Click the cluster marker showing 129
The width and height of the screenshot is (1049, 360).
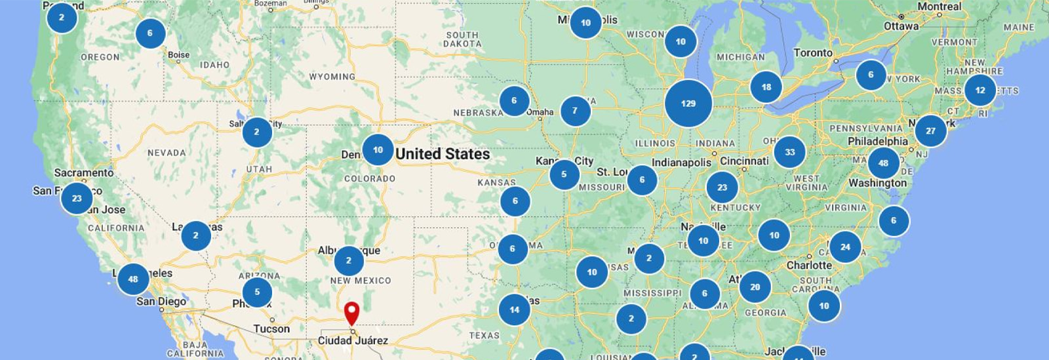[x=688, y=104]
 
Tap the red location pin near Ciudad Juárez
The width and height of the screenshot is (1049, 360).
[x=352, y=312]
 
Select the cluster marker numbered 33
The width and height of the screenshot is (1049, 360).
[x=789, y=152]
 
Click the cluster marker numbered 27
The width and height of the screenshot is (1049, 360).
[x=930, y=131]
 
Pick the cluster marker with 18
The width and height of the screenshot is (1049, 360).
[x=766, y=87]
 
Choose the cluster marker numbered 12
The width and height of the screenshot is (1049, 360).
[x=980, y=90]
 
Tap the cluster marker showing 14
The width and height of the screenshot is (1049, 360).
[x=514, y=310]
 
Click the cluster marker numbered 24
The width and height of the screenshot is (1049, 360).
[x=845, y=247]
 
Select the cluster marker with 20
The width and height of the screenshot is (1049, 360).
[x=755, y=287]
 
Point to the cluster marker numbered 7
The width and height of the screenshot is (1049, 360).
[x=574, y=110]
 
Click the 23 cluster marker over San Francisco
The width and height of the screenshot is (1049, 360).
[x=77, y=198]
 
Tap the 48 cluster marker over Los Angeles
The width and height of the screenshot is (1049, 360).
[x=133, y=279]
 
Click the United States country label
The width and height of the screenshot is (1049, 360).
[x=443, y=154]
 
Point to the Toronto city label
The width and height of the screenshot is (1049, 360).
[x=812, y=53]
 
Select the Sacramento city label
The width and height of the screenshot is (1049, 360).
[x=83, y=173]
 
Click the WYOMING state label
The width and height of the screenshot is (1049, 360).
[x=332, y=77]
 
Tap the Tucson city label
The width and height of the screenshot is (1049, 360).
[x=271, y=329]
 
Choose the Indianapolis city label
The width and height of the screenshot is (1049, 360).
[x=681, y=162]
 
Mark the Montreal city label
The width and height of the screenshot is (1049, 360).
[x=939, y=7]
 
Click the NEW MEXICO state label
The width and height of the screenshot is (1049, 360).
[x=360, y=281]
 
